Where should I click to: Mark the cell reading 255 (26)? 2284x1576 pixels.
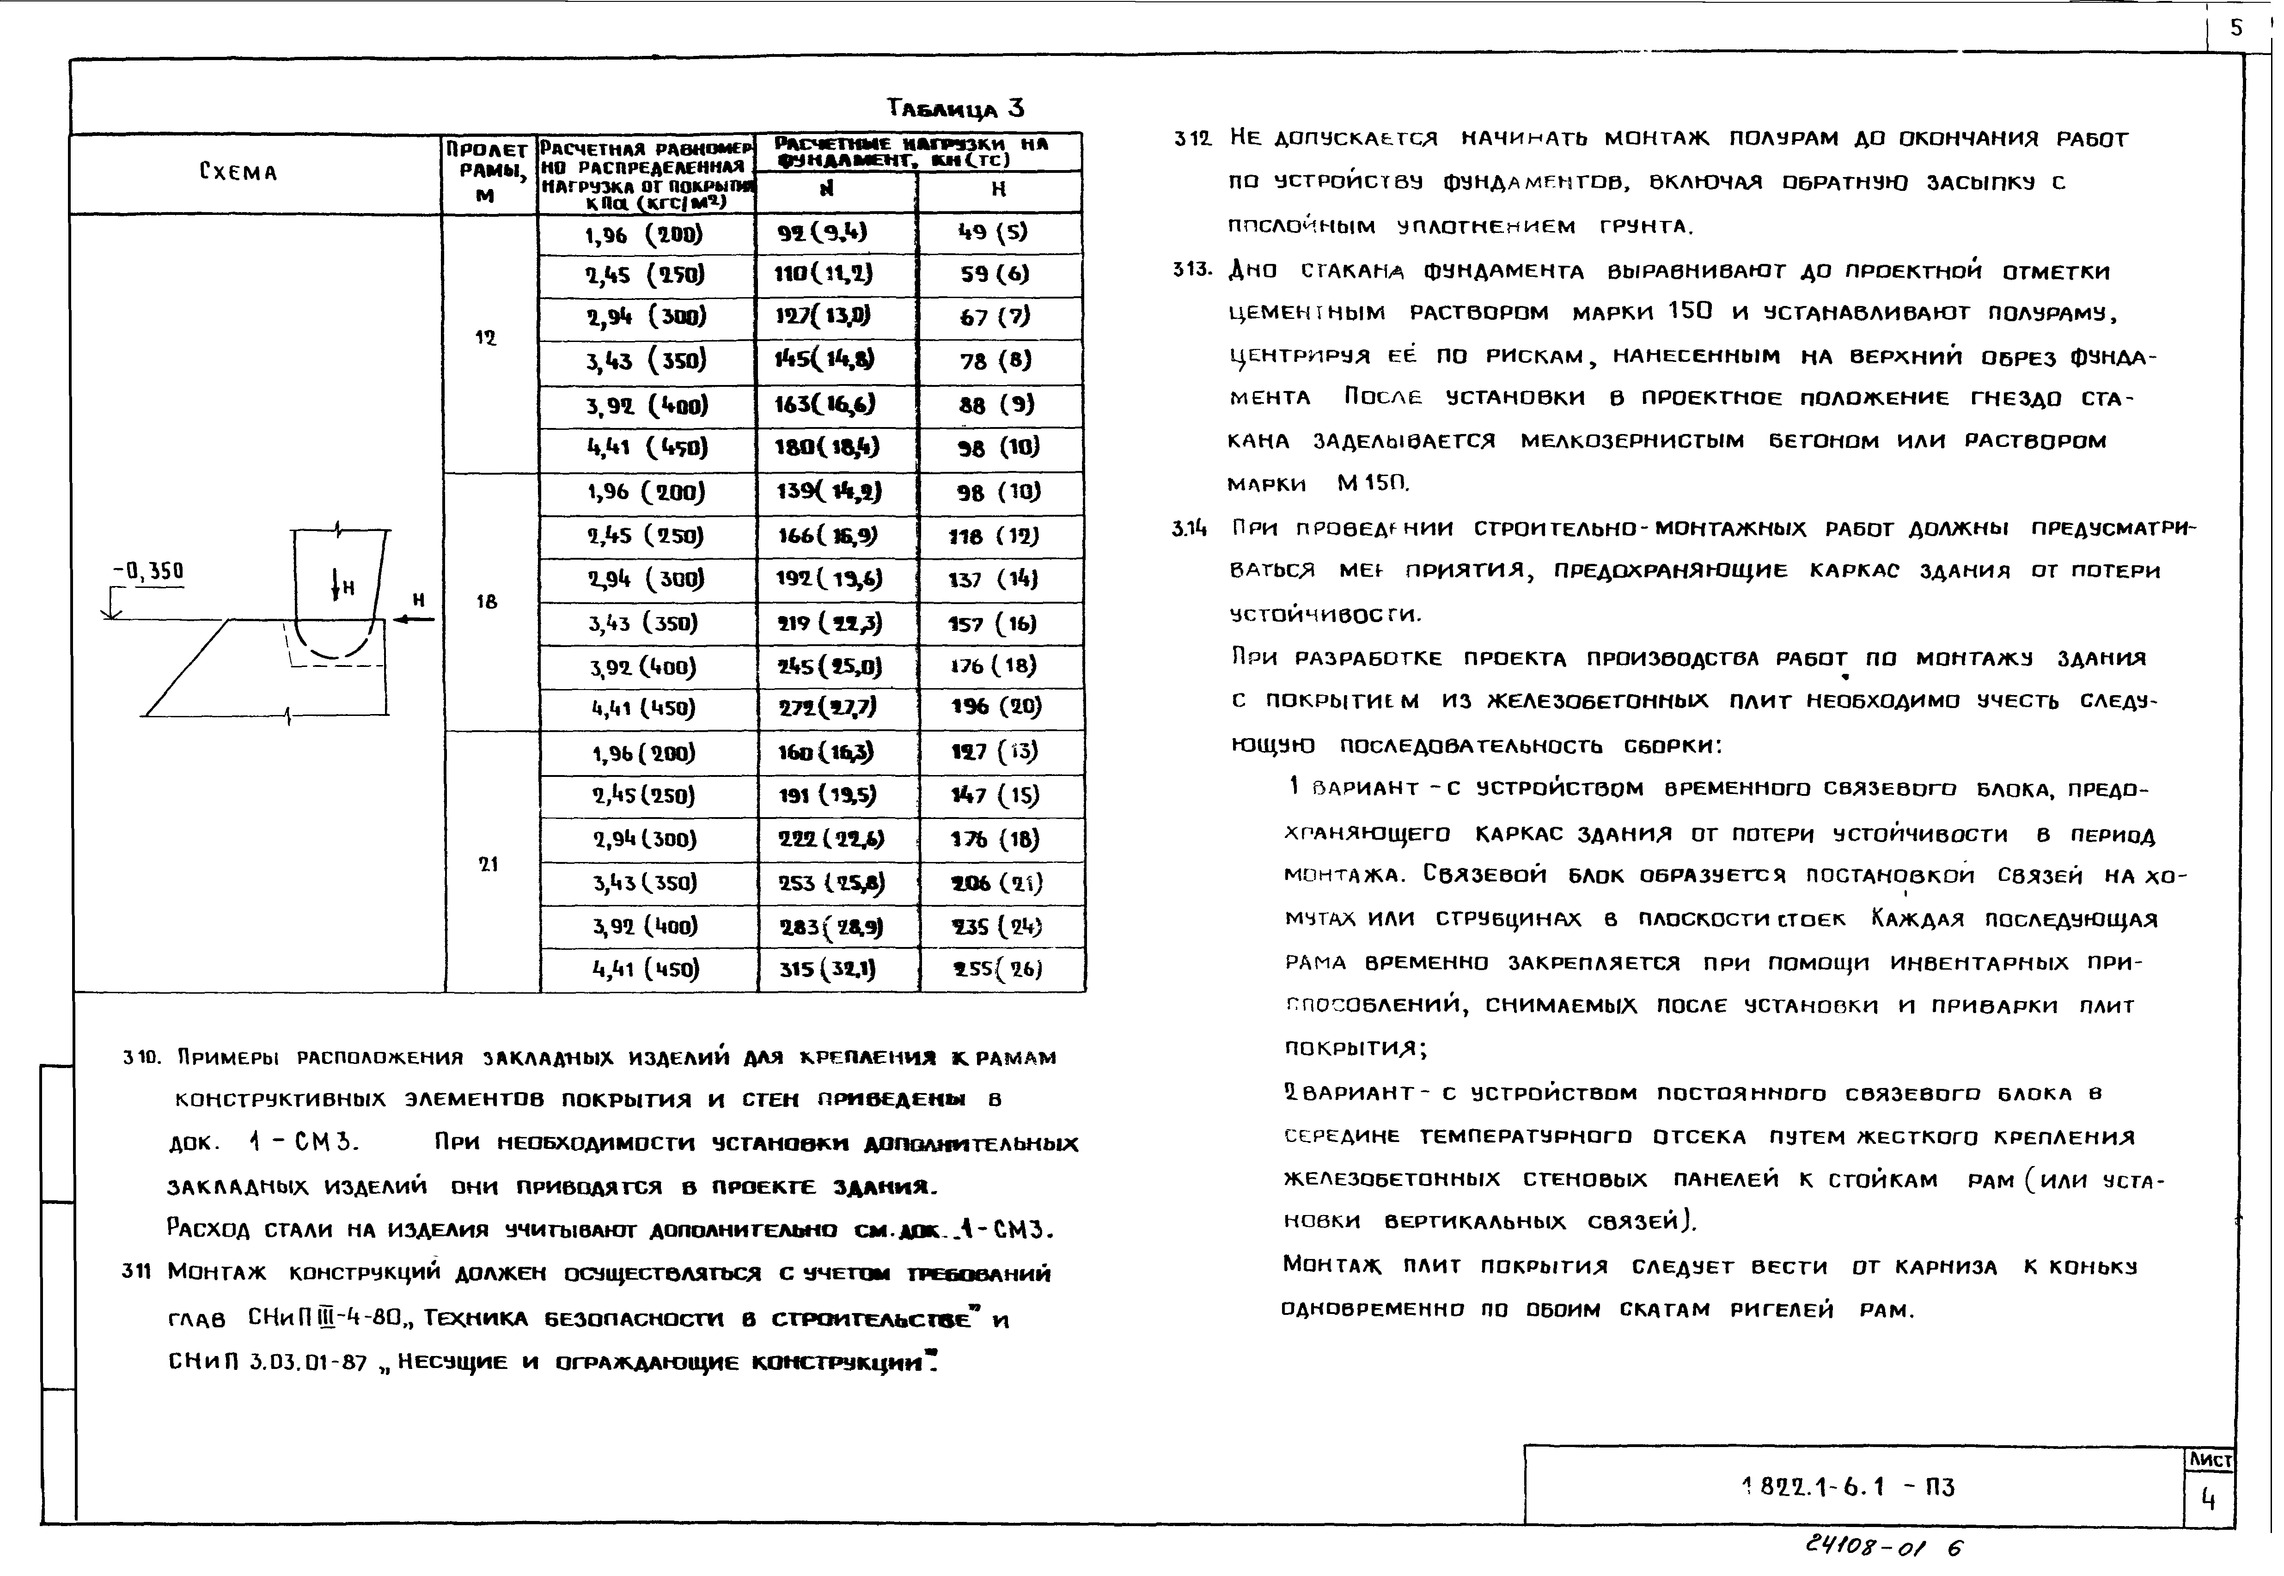tap(997, 969)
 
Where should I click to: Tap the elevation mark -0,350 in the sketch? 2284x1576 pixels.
tap(148, 572)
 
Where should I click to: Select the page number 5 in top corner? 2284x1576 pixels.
tap(2235, 28)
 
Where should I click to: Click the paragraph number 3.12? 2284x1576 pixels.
tap(1192, 139)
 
